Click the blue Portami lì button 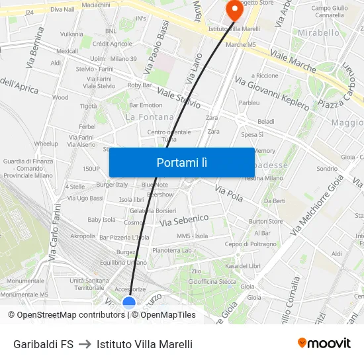(x=181, y=162)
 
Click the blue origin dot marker (x=129, y=303)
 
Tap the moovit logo (x=324, y=343)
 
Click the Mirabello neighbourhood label (x=318, y=32)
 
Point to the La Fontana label (x=150, y=117)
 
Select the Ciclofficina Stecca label (x=212, y=281)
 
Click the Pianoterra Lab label (x=172, y=250)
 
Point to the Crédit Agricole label (x=112, y=44)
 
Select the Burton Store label (x=266, y=222)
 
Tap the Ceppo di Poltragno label (x=251, y=244)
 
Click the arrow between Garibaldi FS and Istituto (x=85, y=344)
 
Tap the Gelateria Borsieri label (x=153, y=210)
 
